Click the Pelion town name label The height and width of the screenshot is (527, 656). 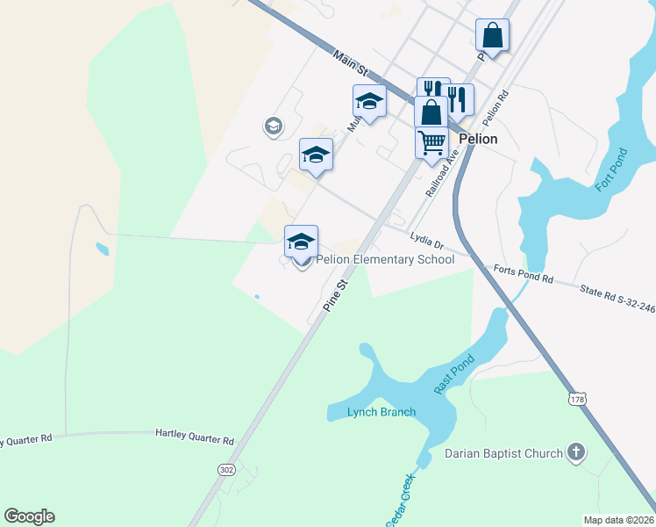tap(477, 139)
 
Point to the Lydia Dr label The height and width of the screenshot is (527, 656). tap(428, 238)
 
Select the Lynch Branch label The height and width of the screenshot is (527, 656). tap(381, 412)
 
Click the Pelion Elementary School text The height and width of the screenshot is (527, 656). tap(385, 259)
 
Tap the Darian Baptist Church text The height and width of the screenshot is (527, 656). tap(503, 453)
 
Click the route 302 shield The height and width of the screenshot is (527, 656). tap(226, 470)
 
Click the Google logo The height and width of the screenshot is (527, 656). tap(29, 516)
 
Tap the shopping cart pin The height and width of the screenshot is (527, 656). tap(431, 142)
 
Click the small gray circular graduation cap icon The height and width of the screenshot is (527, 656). tap(273, 126)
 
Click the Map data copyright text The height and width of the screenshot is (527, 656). tap(618, 520)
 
